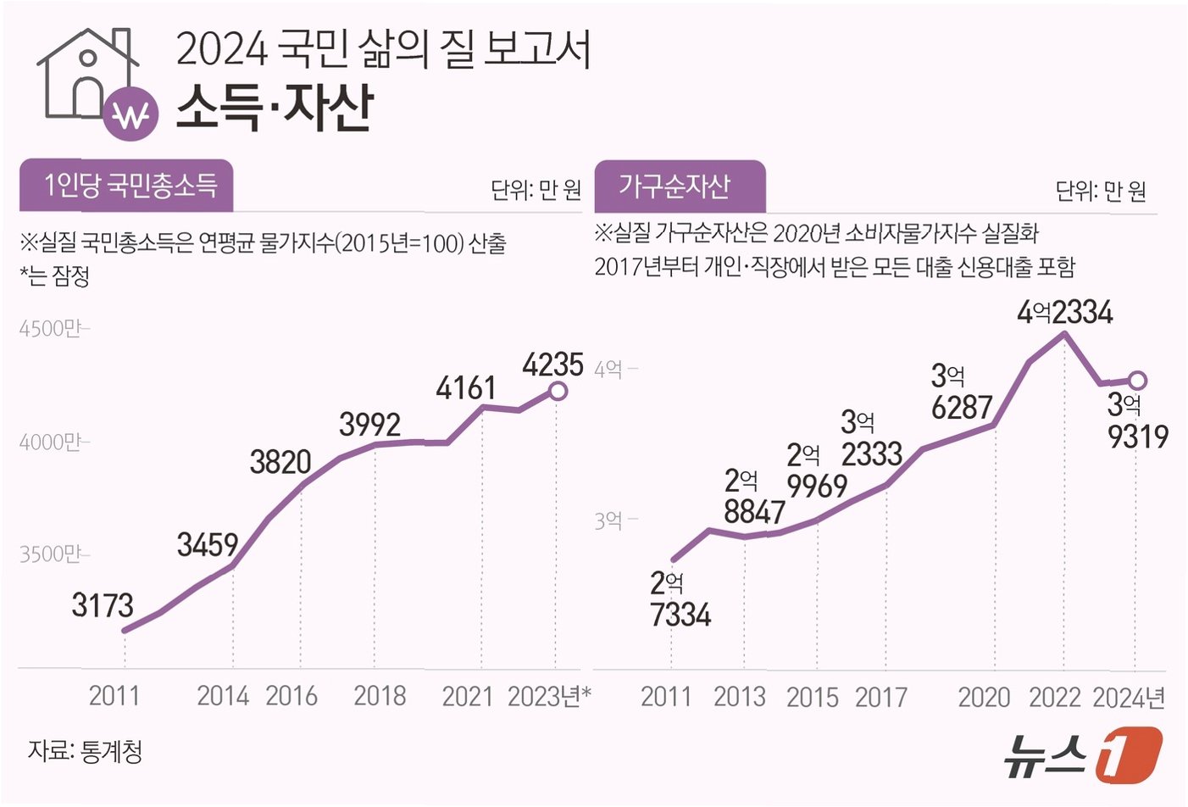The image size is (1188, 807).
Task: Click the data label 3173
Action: [103, 605]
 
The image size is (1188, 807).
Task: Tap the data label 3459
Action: [208, 545]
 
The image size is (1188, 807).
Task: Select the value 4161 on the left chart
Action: [466, 388]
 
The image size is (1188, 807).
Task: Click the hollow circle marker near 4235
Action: [558, 392]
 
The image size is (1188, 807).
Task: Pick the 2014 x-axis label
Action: [223, 696]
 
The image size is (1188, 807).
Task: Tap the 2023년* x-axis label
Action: [549, 697]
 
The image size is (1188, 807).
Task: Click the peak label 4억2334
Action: [1065, 312]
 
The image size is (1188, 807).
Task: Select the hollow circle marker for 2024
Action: [1138, 381]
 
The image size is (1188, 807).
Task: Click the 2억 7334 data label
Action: [680, 600]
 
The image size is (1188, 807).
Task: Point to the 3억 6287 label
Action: [962, 392]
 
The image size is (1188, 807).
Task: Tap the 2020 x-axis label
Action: [985, 697]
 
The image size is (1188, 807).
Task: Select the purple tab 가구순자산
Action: [680, 186]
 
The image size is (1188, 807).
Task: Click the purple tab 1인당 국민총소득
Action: [126, 185]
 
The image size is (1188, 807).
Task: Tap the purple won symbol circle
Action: [130, 114]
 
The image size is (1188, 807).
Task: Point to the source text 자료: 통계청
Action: [85, 751]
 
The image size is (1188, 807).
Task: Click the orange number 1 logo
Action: [1129, 755]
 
